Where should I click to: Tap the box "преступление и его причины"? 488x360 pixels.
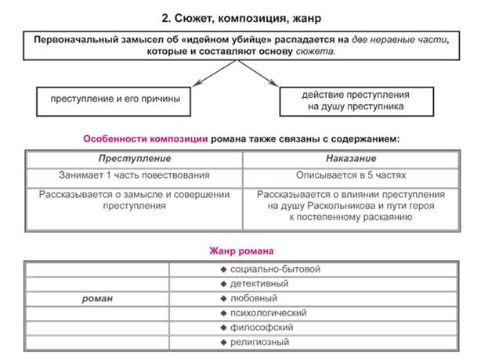click(114, 99)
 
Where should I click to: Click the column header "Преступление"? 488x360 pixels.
click(134, 158)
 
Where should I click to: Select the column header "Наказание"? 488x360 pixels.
click(350, 158)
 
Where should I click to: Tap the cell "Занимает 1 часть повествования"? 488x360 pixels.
click(134, 175)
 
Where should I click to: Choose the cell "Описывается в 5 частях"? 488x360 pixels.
click(350, 175)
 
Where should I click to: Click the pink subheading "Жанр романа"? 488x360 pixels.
click(241, 251)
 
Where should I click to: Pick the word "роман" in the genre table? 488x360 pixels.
click(98, 298)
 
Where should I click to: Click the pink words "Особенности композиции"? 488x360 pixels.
click(146, 139)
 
